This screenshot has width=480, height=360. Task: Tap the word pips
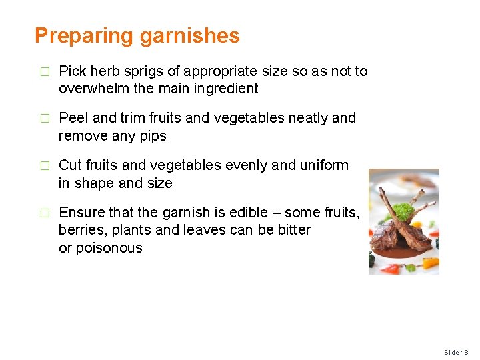(153, 135)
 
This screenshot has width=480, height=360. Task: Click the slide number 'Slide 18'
(456, 352)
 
